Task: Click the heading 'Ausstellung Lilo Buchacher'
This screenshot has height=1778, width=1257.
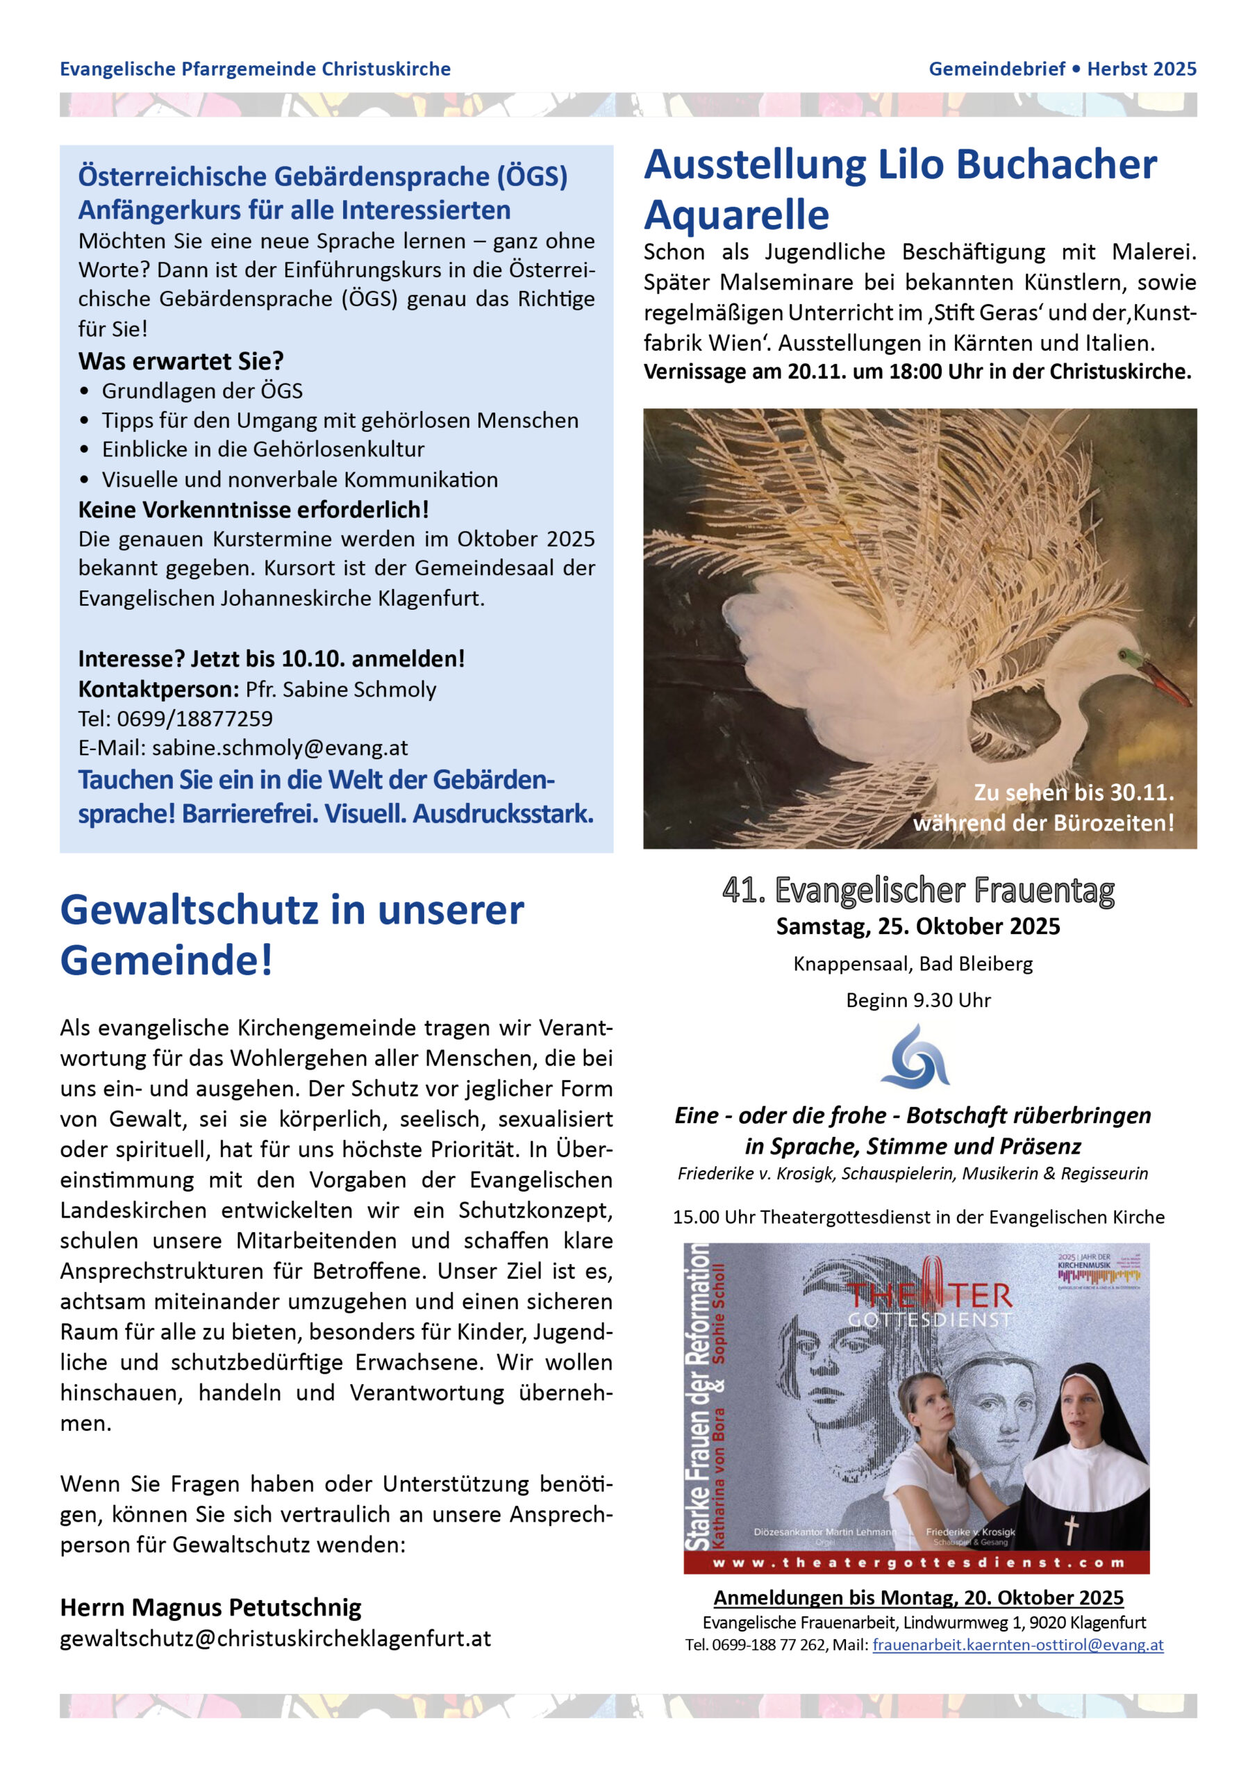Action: pyautogui.click(x=900, y=165)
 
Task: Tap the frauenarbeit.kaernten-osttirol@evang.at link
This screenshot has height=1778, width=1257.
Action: pyautogui.click(x=1017, y=1644)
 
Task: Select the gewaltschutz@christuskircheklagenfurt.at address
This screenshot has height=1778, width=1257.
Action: pyautogui.click(x=276, y=1638)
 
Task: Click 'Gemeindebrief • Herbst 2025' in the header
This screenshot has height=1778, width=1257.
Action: pyautogui.click(x=1063, y=69)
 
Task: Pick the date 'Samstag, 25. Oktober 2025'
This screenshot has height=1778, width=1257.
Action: pyautogui.click(x=918, y=927)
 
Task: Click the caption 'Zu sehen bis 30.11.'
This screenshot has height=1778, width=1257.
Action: pyautogui.click(x=1074, y=793)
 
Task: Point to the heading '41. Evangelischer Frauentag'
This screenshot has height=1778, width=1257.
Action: pyautogui.click(x=918, y=890)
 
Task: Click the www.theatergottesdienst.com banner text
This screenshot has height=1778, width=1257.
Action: pyautogui.click(x=918, y=1563)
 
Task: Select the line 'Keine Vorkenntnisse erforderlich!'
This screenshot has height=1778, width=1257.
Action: pyautogui.click(x=253, y=510)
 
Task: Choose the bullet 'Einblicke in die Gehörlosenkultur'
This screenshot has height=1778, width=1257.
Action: pyautogui.click(x=263, y=449)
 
